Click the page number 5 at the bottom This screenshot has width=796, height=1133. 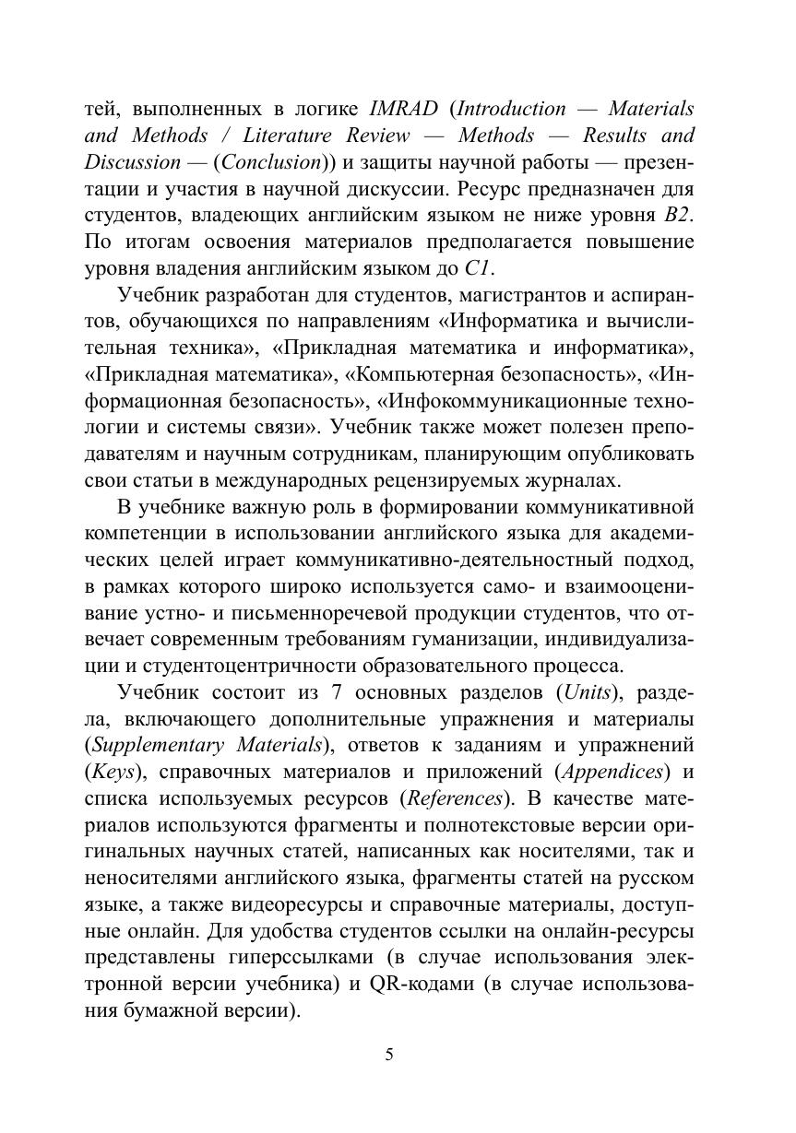[389, 1055]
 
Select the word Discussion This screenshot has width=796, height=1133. [133, 162]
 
